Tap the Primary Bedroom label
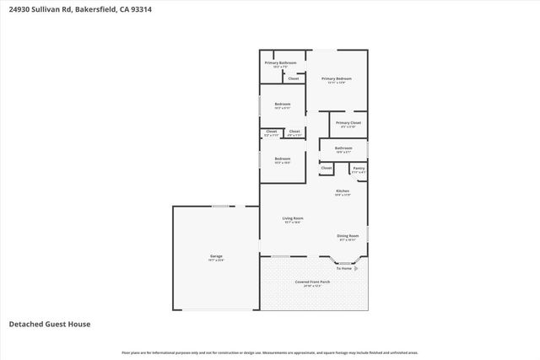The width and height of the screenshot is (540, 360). [337, 78]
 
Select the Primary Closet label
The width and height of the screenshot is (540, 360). [348, 123]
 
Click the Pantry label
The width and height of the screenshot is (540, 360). [359, 169]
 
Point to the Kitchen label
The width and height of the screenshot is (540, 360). [343, 191]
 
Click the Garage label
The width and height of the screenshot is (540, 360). [217, 256]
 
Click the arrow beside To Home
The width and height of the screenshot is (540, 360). [355, 268]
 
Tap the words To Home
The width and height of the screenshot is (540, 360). [344, 268]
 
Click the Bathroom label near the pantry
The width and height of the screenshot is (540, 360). [343, 148]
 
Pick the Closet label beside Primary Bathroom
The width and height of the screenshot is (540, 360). [294, 78]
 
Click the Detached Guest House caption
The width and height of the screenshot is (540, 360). [49, 324]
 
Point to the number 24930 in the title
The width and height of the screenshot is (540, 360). [19, 9]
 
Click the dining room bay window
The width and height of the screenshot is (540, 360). [345, 262]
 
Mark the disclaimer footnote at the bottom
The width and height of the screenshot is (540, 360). [269, 352]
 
